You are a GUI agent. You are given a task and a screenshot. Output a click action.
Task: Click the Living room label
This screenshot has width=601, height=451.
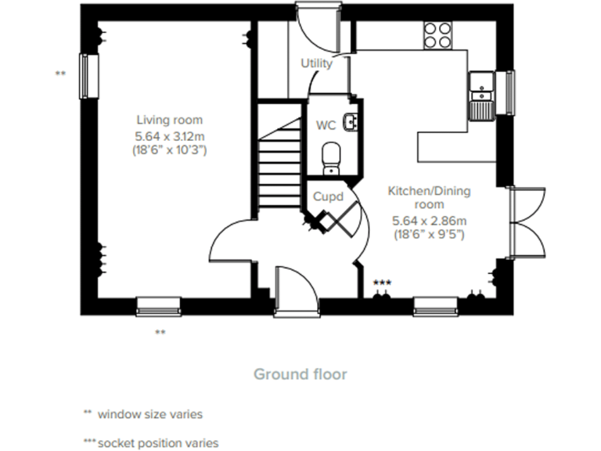click(170, 120)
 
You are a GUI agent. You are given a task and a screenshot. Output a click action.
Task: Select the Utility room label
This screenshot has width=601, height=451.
click(316, 63)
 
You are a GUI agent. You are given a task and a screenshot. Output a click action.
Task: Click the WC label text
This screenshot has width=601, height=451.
click(326, 125)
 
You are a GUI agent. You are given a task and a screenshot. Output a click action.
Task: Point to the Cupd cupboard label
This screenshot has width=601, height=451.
click(329, 197)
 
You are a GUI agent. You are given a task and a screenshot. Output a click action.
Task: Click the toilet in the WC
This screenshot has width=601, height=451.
click(331, 156)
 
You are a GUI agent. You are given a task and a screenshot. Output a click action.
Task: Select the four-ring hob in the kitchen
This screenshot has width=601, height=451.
click(438, 34)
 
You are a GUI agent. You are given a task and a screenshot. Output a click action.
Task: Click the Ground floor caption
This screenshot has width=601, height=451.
click(300, 373)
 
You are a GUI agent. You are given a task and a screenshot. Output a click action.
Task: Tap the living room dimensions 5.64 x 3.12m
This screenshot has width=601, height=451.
click(170, 135)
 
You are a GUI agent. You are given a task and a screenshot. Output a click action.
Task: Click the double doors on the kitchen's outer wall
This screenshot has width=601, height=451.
click(526, 222)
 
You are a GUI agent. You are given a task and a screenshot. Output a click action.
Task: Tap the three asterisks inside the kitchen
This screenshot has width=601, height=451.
click(382, 282)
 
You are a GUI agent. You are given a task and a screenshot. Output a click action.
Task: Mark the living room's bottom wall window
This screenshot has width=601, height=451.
click(159, 305)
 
